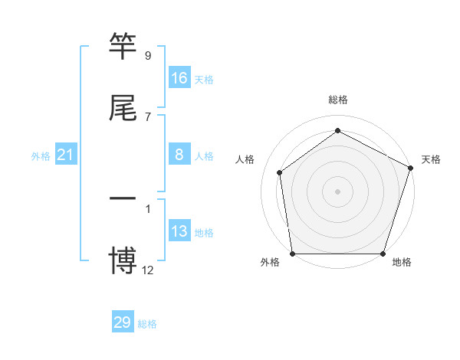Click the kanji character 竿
(x=123, y=46)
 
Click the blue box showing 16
(x=179, y=78)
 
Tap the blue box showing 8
(x=179, y=155)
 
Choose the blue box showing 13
(x=179, y=231)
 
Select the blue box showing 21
(x=66, y=155)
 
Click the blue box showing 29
(x=123, y=322)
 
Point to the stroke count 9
(x=148, y=56)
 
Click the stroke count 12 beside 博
(x=148, y=270)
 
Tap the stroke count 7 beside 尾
(x=148, y=117)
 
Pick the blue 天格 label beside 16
(x=203, y=80)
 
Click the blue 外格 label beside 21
(x=41, y=156)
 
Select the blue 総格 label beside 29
(x=147, y=324)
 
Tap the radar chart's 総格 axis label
(x=338, y=100)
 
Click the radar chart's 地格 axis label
(x=402, y=262)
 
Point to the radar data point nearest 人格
(x=280, y=172)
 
